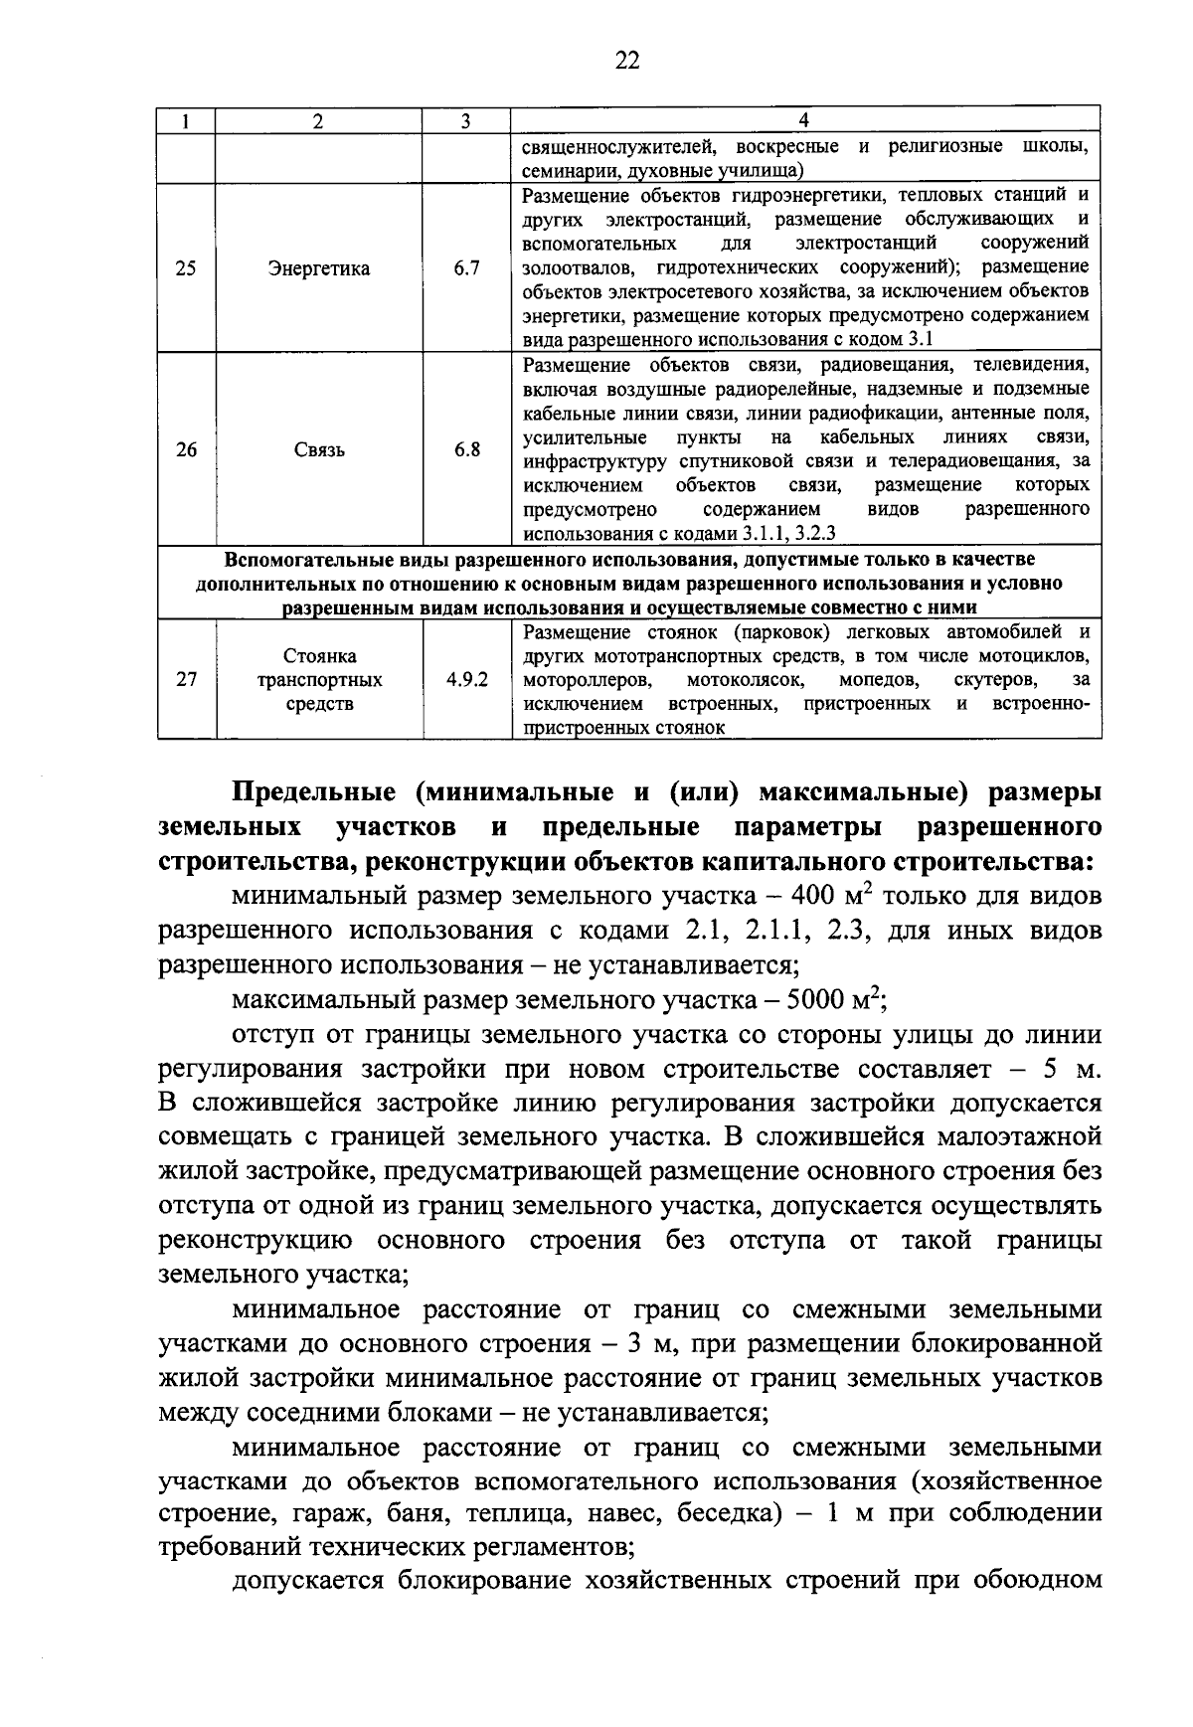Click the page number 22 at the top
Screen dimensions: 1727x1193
627,61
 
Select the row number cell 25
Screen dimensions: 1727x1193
186,268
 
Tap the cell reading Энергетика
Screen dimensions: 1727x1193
319,268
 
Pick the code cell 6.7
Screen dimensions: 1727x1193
467,268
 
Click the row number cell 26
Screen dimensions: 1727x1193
186,449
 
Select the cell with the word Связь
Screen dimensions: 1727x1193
319,449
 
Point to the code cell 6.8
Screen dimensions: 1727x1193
467,449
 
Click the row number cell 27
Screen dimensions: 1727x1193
186,680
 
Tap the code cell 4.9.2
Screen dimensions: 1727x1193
467,680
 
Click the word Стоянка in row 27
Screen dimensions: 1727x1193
319,656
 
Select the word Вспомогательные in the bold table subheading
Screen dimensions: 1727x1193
305,560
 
